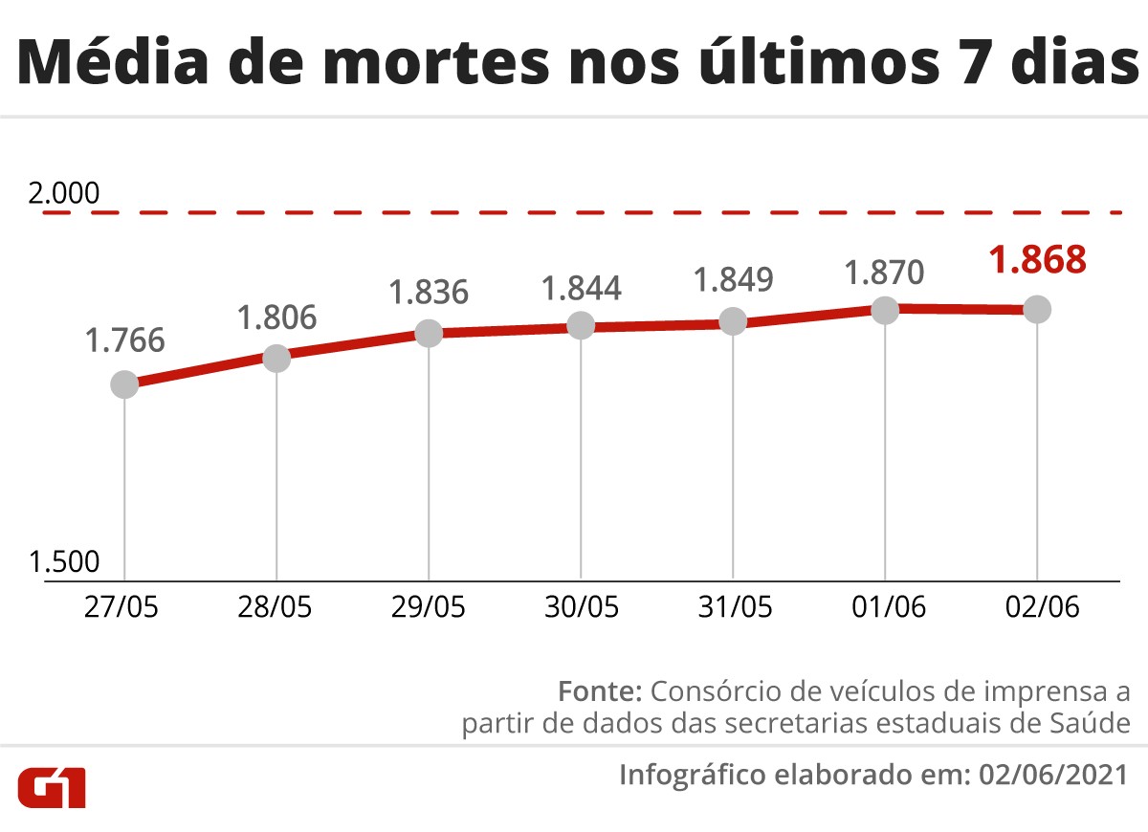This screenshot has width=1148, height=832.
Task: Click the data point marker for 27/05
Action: (124, 384)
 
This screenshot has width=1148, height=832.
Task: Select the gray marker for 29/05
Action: (429, 333)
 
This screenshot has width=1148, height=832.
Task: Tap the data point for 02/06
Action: (1037, 309)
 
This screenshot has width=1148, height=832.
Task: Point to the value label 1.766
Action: (124, 339)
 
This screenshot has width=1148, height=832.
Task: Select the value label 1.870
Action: (885, 273)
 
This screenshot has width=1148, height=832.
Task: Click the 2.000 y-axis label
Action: (64, 193)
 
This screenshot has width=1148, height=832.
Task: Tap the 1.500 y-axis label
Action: (64, 562)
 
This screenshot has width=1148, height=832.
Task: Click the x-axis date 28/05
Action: (276, 607)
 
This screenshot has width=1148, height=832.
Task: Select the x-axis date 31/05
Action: (733, 607)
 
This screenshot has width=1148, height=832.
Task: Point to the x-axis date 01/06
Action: (885, 607)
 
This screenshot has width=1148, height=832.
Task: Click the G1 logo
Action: (53, 786)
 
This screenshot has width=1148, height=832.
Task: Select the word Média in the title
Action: (116, 64)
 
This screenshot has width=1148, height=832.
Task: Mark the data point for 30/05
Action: (581, 325)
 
